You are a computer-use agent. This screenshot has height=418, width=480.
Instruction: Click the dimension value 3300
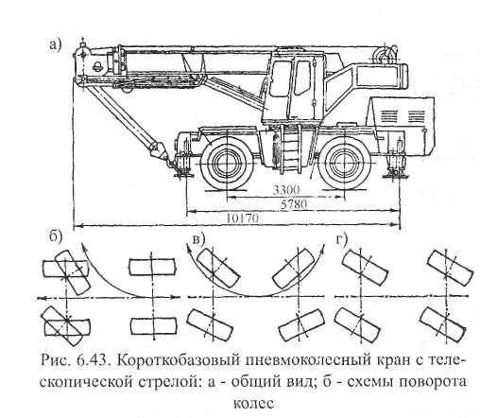point(286,190)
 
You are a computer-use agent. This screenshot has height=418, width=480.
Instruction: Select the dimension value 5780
point(294,205)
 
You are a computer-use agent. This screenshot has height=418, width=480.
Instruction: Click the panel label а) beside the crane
point(55,45)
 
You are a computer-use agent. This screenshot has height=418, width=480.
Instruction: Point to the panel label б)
point(56,237)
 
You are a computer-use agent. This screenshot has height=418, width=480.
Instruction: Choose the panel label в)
point(199,239)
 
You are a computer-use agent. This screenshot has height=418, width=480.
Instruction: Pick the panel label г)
point(341,239)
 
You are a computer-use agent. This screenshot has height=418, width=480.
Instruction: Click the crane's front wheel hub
point(226,164)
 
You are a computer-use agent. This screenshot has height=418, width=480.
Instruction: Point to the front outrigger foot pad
point(183,174)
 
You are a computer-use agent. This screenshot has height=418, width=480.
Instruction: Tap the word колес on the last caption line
point(252,404)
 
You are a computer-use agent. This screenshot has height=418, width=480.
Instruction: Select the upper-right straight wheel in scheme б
point(152,267)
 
